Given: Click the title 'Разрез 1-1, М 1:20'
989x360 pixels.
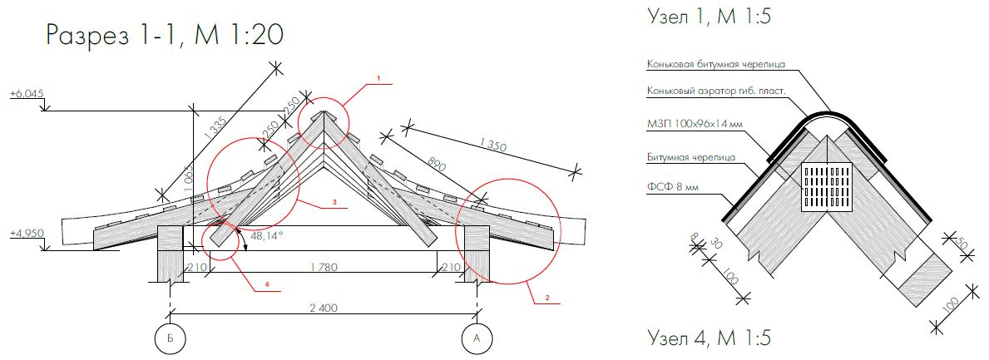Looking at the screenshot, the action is [165, 36].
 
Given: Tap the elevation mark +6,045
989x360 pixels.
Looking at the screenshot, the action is [26, 94].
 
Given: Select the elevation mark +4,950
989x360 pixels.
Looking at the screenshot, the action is [27, 234].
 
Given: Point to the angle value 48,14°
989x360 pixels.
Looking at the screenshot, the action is [267, 235].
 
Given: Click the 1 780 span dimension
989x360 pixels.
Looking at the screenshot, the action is [324, 267].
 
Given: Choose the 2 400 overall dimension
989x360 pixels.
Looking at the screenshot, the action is [324, 308].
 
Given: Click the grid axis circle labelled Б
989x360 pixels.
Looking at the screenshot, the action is [169, 338].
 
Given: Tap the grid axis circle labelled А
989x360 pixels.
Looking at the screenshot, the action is [477, 338].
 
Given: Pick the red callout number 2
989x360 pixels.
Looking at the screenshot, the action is [547, 297].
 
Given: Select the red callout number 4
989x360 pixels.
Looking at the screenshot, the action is [267, 284].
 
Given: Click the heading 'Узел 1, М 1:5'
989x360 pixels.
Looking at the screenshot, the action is [709, 17].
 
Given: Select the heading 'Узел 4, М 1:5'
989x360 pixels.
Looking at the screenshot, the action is [709, 338].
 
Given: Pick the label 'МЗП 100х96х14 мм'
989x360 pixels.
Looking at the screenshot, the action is [691, 124].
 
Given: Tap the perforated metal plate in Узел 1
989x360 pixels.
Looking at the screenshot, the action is [827, 187].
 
